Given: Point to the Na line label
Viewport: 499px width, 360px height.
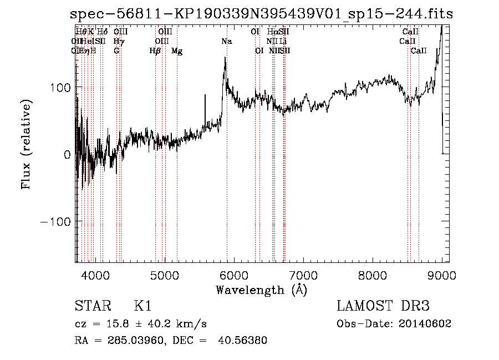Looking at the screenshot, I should (x=227, y=41).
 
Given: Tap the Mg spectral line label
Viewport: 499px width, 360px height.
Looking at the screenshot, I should (x=177, y=51).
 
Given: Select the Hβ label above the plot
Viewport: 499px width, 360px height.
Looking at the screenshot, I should (x=155, y=51).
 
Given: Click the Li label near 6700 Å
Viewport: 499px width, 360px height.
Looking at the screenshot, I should (x=283, y=41).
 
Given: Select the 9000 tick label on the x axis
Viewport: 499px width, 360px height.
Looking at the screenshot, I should (x=442, y=275).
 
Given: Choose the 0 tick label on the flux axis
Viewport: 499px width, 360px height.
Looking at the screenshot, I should (x=67, y=155).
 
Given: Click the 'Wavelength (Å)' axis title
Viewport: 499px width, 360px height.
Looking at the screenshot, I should (x=261, y=290).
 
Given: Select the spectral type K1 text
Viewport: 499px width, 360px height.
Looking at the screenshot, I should (x=142, y=306).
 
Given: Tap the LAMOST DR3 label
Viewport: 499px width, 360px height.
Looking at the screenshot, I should (x=383, y=306).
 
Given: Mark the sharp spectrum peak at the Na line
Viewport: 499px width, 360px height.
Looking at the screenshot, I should (x=225, y=58).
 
